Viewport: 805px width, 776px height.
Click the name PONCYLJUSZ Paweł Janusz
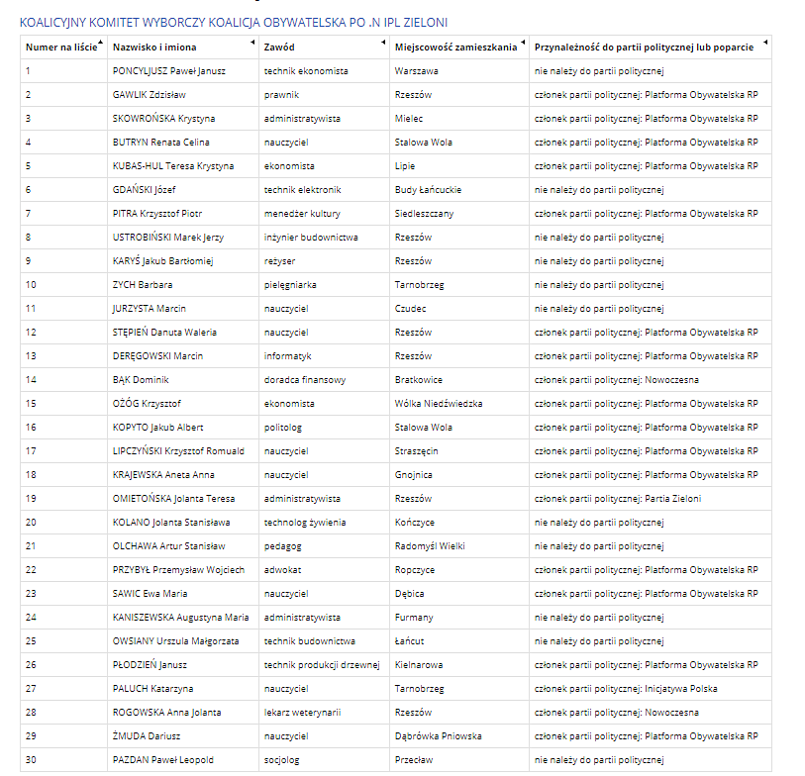169,71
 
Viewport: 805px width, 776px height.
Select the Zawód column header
278,47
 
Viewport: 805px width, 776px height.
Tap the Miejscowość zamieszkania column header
455,47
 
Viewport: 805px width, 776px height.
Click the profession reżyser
280,261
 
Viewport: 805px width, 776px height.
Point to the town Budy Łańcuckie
428,190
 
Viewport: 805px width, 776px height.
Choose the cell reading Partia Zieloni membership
618,499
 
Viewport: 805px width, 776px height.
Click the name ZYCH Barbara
143,285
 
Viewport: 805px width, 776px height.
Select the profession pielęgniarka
290,285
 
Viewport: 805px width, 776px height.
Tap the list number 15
31,404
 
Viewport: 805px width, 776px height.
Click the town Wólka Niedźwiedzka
439,404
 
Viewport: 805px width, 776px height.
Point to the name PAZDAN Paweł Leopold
162,760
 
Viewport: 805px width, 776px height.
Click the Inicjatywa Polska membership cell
626,689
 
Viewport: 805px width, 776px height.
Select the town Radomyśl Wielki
431,546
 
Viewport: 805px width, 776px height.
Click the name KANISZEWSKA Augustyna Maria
180,618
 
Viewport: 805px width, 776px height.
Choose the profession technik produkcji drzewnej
322,665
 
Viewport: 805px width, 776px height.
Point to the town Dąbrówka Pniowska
438,736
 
